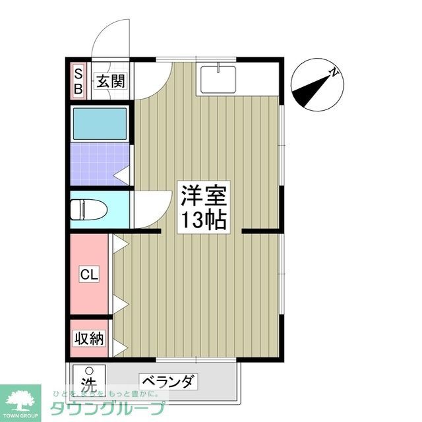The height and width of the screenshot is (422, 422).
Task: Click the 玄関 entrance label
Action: tap(109, 82)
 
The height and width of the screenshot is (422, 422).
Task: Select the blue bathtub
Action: tap(100, 123)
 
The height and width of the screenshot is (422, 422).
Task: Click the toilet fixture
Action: tap(87, 209)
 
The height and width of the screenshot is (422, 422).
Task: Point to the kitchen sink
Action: tap(218, 79)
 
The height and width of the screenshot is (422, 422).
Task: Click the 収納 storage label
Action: tap(88, 339)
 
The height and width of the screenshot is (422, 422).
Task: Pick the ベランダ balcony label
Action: tap(168, 382)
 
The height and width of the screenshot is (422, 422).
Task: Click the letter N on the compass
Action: tap(336, 73)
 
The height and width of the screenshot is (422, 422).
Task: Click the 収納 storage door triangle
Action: tap(119, 347)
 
